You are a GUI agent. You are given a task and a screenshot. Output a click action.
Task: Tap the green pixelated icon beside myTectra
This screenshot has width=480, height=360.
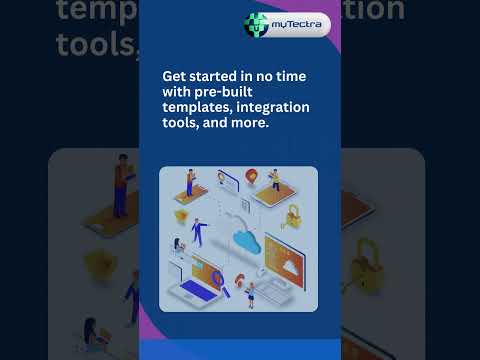pyautogui.click(x=257, y=23)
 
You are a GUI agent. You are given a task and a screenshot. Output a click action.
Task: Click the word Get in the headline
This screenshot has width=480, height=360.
pyautogui.click(x=176, y=75)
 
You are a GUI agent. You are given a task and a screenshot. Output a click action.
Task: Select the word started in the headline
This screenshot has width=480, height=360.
pyautogui.click(x=223, y=75)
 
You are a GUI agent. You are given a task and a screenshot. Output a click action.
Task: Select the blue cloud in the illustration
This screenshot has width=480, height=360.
pyautogui.click(x=245, y=238)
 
